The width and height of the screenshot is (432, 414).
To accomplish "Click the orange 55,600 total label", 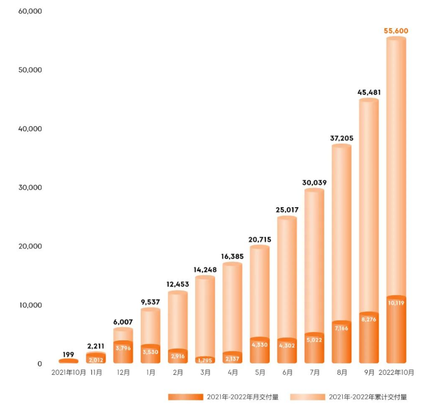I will pyautogui.click(x=395, y=31).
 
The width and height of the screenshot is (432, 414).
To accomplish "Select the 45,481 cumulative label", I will pyautogui.click(x=368, y=92).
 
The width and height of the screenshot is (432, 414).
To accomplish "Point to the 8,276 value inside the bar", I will pyautogui.click(x=368, y=319).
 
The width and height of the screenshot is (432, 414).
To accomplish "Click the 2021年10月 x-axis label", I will pyautogui.click(x=68, y=373).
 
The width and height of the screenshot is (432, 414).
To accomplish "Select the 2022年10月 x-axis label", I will pyautogui.click(x=396, y=373).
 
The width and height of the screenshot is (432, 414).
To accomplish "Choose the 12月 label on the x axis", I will pyautogui.click(x=123, y=373).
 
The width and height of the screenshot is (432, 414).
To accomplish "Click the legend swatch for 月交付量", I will pyautogui.click(x=185, y=397).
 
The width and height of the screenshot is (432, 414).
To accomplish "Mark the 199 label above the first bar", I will pyautogui.click(x=68, y=354).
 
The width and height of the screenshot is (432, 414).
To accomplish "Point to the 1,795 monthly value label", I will pyautogui.click(x=205, y=360).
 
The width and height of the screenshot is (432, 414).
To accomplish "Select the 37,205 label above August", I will pyautogui.click(x=341, y=138).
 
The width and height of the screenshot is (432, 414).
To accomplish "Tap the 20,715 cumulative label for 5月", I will pyautogui.click(x=259, y=240).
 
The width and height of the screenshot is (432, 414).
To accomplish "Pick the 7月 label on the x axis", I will pyautogui.click(x=314, y=373).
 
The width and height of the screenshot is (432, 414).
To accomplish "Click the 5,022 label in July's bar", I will pyautogui.click(x=314, y=340).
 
